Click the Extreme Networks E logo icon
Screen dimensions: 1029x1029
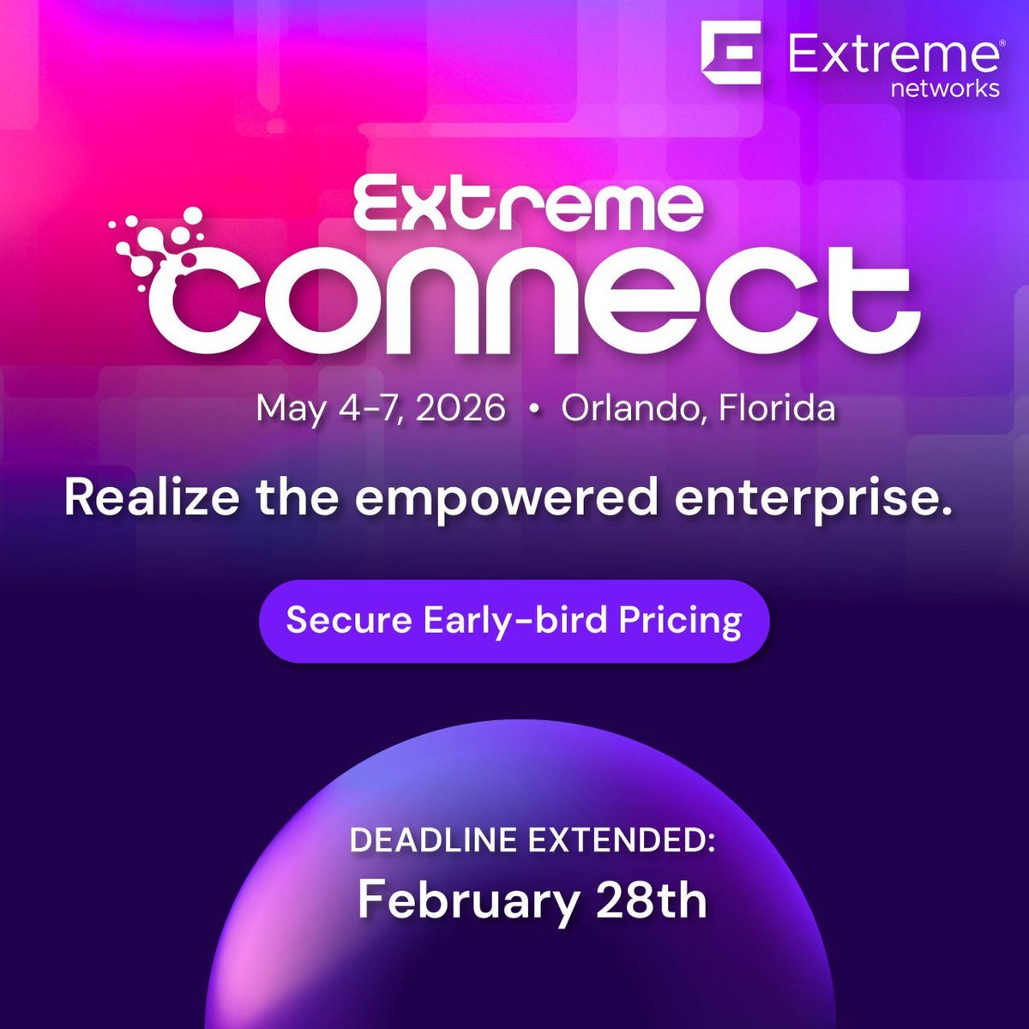(x=731, y=53)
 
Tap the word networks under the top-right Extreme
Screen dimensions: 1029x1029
(x=945, y=88)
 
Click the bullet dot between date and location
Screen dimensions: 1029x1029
(x=534, y=411)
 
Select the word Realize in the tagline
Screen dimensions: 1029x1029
(x=139, y=497)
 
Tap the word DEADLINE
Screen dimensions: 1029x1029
(x=436, y=840)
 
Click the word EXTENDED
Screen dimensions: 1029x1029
(x=621, y=840)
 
